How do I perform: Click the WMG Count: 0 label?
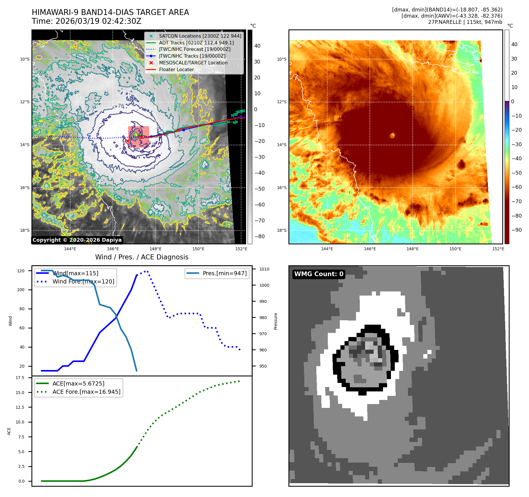(x=319, y=274)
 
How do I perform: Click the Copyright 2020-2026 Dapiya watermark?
(x=77, y=240)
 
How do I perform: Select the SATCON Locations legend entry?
(x=200, y=36)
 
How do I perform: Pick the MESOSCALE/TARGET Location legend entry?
(x=193, y=63)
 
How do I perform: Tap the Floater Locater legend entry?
(x=176, y=69)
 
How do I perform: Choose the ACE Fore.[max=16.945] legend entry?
(x=86, y=392)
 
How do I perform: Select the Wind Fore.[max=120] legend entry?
(x=83, y=281)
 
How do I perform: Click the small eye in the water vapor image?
(x=392, y=135)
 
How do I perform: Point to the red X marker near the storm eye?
(x=127, y=141)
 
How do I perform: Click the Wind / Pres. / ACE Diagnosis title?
(x=142, y=257)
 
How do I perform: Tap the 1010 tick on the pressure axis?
(x=264, y=269)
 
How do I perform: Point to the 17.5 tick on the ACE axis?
(x=20, y=378)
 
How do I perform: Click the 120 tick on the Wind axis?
(x=21, y=271)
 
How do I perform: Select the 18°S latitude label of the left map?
(x=25, y=230)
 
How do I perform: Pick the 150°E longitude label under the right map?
(x=455, y=249)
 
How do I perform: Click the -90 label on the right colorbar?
(x=516, y=230)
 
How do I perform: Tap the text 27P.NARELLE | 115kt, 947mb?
(x=465, y=22)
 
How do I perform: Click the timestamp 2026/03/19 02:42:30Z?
(x=98, y=21)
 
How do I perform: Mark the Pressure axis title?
(x=276, y=321)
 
